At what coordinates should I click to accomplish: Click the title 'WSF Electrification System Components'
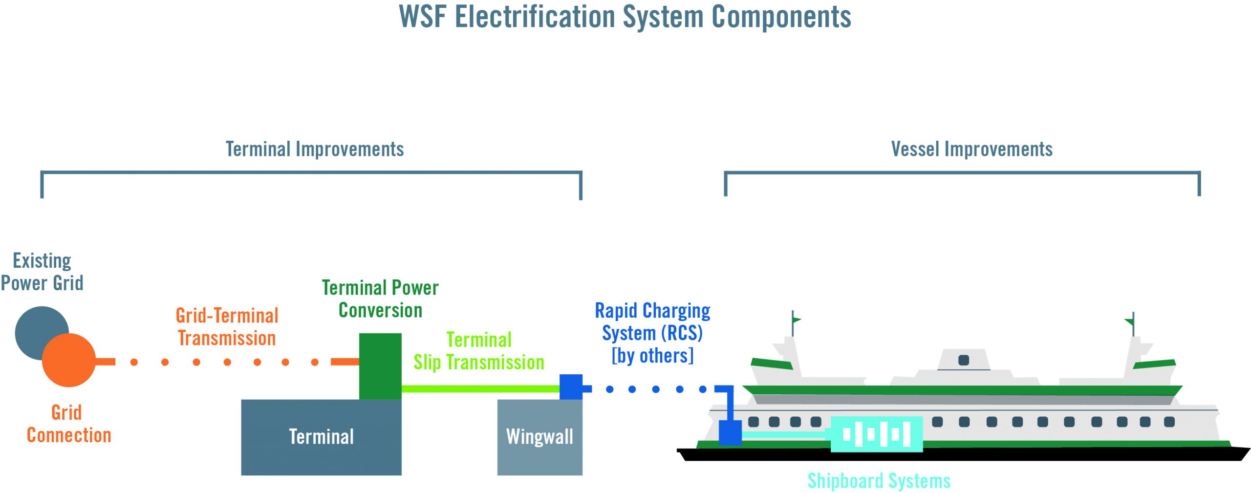click(x=625, y=17)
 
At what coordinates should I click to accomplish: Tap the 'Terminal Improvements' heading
click(x=315, y=149)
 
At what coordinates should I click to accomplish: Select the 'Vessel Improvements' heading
click(x=971, y=149)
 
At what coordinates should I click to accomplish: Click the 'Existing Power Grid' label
click(x=42, y=272)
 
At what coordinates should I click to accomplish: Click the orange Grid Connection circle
click(x=69, y=360)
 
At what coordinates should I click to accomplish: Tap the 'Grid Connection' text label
click(x=69, y=424)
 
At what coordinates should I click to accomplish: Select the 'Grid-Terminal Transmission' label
click(x=227, y=327)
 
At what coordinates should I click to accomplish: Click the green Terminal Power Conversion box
click(x=380, y=366)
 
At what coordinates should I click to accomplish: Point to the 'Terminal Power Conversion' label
click(x=380, y=299)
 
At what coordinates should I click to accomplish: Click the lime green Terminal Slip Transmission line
click(x=480, y=389)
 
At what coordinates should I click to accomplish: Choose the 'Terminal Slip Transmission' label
click(x=479, y=351)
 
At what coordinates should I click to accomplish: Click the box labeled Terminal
click(x=321, y=437)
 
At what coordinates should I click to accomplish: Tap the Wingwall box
click(x=539, y=437)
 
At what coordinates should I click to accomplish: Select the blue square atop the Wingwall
click(x=571, y=387)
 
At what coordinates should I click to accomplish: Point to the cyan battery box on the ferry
click(x=877, y=434)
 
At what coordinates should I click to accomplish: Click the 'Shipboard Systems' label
click(x=879, y=481)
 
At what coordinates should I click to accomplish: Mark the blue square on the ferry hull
click(x=730, y=432)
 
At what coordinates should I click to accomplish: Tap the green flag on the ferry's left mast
click(x=797, y=320)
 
